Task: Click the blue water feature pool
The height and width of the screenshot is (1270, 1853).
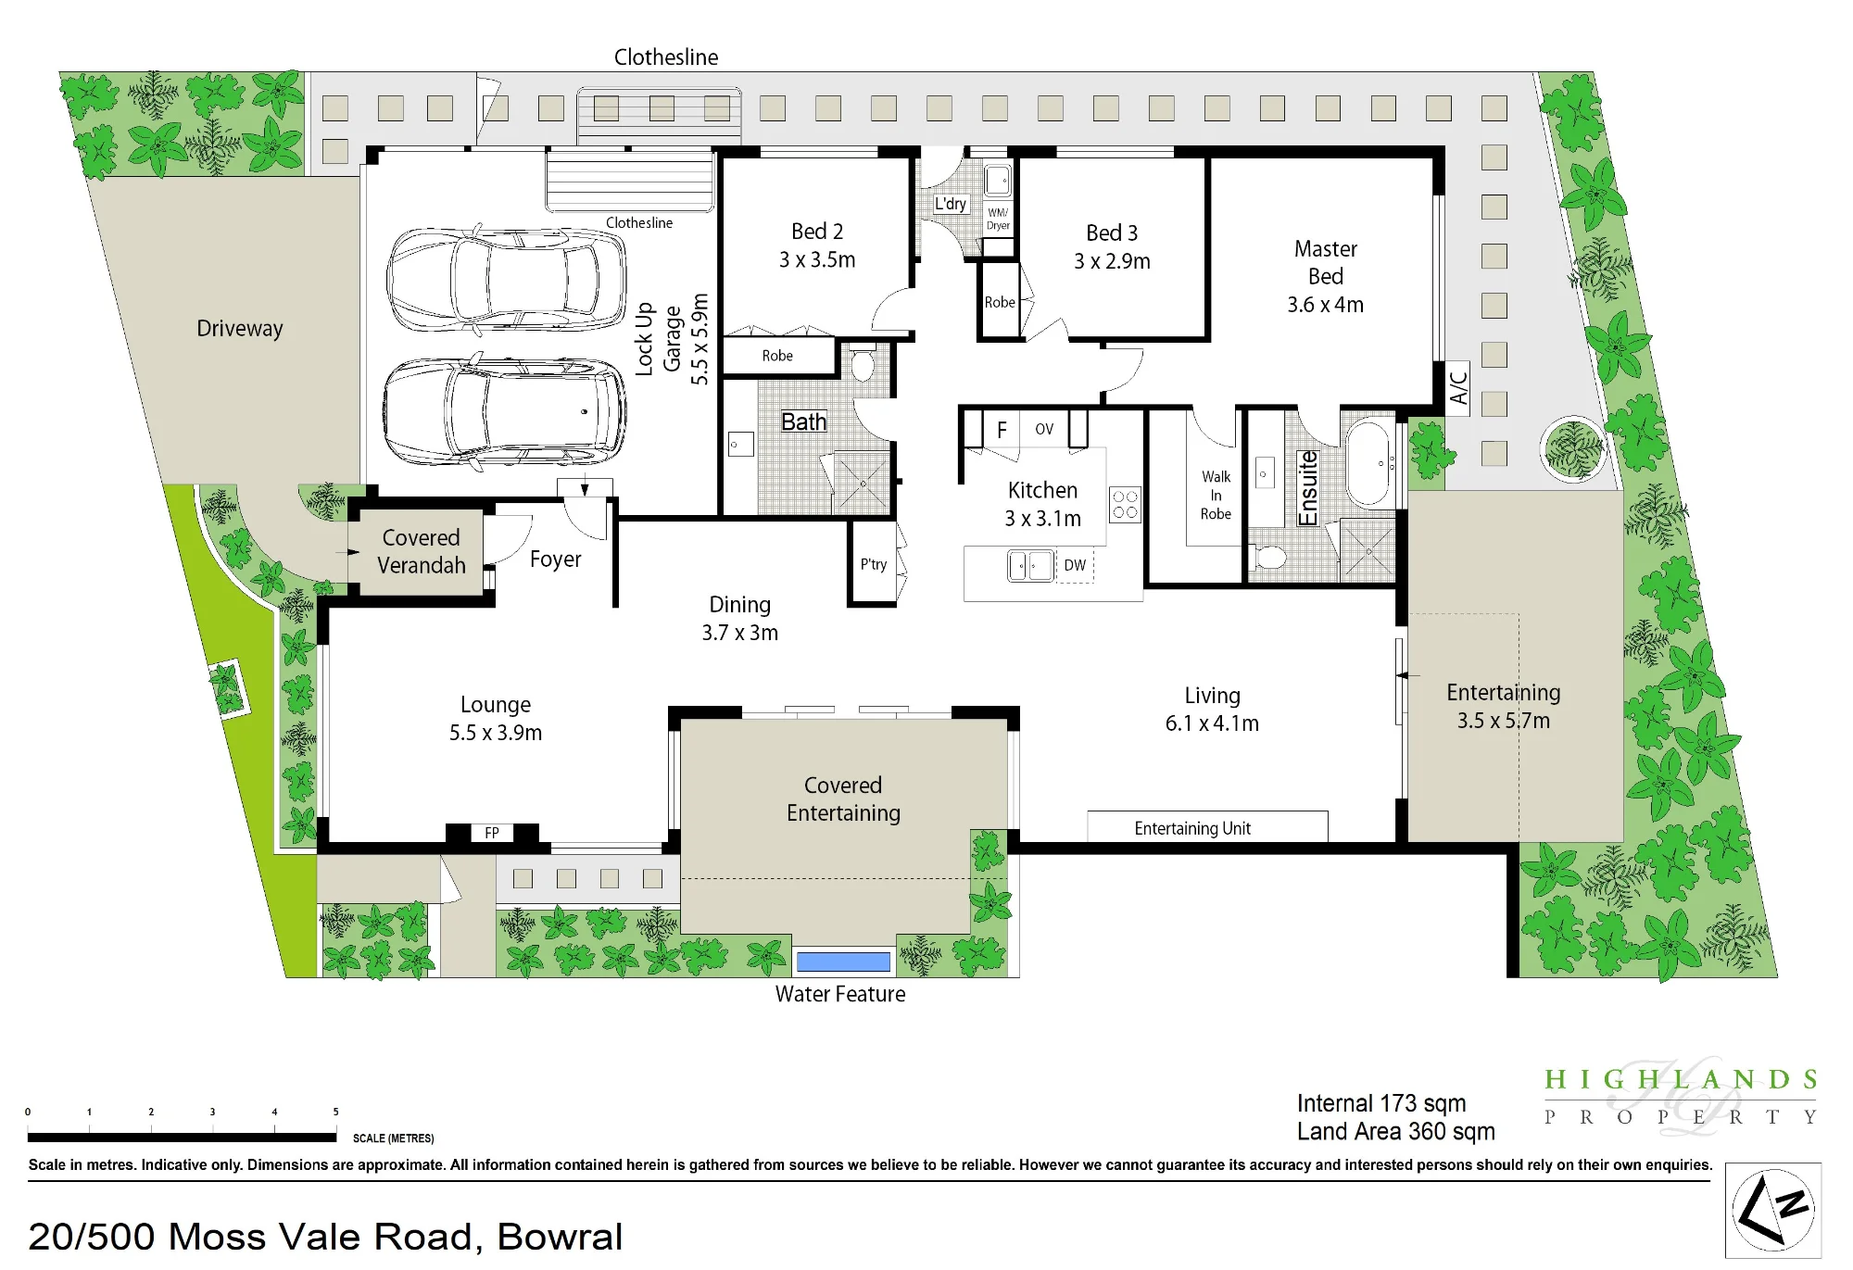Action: (x=843, y=962)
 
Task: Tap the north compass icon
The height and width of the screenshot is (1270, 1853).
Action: (x=1773, y=1211)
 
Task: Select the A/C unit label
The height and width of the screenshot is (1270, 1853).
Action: (x=1458, y=388)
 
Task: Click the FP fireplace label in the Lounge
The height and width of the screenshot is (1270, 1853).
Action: (x=492, y=833)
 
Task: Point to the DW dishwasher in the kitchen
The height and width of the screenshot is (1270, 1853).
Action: (x=1075, y=565)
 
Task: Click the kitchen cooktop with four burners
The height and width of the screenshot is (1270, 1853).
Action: (x=1125, y=505)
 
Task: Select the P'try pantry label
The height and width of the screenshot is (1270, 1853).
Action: (x=874, y=564)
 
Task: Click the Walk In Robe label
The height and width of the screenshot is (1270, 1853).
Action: (x=1216, y=496)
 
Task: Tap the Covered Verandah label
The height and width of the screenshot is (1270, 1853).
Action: (x=422, y=551)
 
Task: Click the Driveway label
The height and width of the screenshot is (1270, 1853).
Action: (x=240, y=329)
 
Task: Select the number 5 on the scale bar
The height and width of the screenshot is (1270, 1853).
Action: (x=335, y=1112)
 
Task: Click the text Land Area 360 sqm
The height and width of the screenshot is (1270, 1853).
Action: (x=1395, y=1132)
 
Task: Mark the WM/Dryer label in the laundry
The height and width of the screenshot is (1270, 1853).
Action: (x=998, y=219)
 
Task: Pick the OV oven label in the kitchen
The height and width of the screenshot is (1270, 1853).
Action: (x=1044, y=429)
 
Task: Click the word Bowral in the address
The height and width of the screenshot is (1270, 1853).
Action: (x=560, y=1237)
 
